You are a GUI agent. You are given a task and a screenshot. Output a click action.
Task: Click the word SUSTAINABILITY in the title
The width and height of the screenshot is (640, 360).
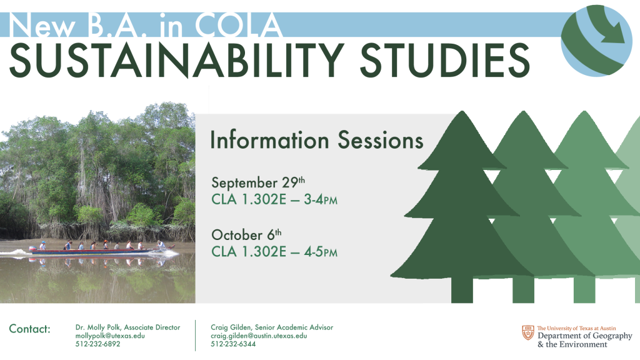coord(177,61)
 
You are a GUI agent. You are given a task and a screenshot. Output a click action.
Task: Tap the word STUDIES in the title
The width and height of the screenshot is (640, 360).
coord(445,61)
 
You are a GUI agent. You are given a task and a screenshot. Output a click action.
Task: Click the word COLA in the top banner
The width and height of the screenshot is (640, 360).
coord(239,25)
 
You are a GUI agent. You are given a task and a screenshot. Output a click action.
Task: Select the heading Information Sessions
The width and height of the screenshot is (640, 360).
coord(317,140)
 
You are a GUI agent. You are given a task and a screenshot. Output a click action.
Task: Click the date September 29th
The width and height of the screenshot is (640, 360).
coord(258,182)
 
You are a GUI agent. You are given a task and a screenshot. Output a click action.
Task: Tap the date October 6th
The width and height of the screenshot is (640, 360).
coord(246,235)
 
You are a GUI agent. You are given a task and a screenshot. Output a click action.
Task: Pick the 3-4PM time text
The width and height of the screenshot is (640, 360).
coord(321,199)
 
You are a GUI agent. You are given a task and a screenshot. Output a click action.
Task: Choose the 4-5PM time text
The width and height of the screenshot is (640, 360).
coord(321,252)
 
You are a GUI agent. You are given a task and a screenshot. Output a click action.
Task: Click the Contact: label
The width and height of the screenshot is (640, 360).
coord(30,329)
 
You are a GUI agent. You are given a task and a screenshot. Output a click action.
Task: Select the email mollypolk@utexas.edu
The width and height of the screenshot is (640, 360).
coord(110,336)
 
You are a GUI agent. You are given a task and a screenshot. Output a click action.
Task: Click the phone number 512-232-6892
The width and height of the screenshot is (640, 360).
coord(97,344)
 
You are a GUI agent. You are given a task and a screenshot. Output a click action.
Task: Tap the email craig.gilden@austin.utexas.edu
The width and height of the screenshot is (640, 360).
coord(259,336)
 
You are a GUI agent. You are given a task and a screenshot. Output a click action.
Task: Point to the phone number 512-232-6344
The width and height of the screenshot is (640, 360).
coord(233,344)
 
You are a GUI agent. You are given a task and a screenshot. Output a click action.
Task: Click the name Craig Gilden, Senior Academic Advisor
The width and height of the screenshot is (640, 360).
coord(272,327)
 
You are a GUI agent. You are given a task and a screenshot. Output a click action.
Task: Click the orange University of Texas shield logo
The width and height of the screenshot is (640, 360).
coord(528,332)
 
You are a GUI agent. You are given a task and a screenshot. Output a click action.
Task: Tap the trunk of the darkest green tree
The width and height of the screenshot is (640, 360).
coord(462,290)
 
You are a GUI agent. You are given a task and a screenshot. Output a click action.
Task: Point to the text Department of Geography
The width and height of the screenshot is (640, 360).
coord(584,336)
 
